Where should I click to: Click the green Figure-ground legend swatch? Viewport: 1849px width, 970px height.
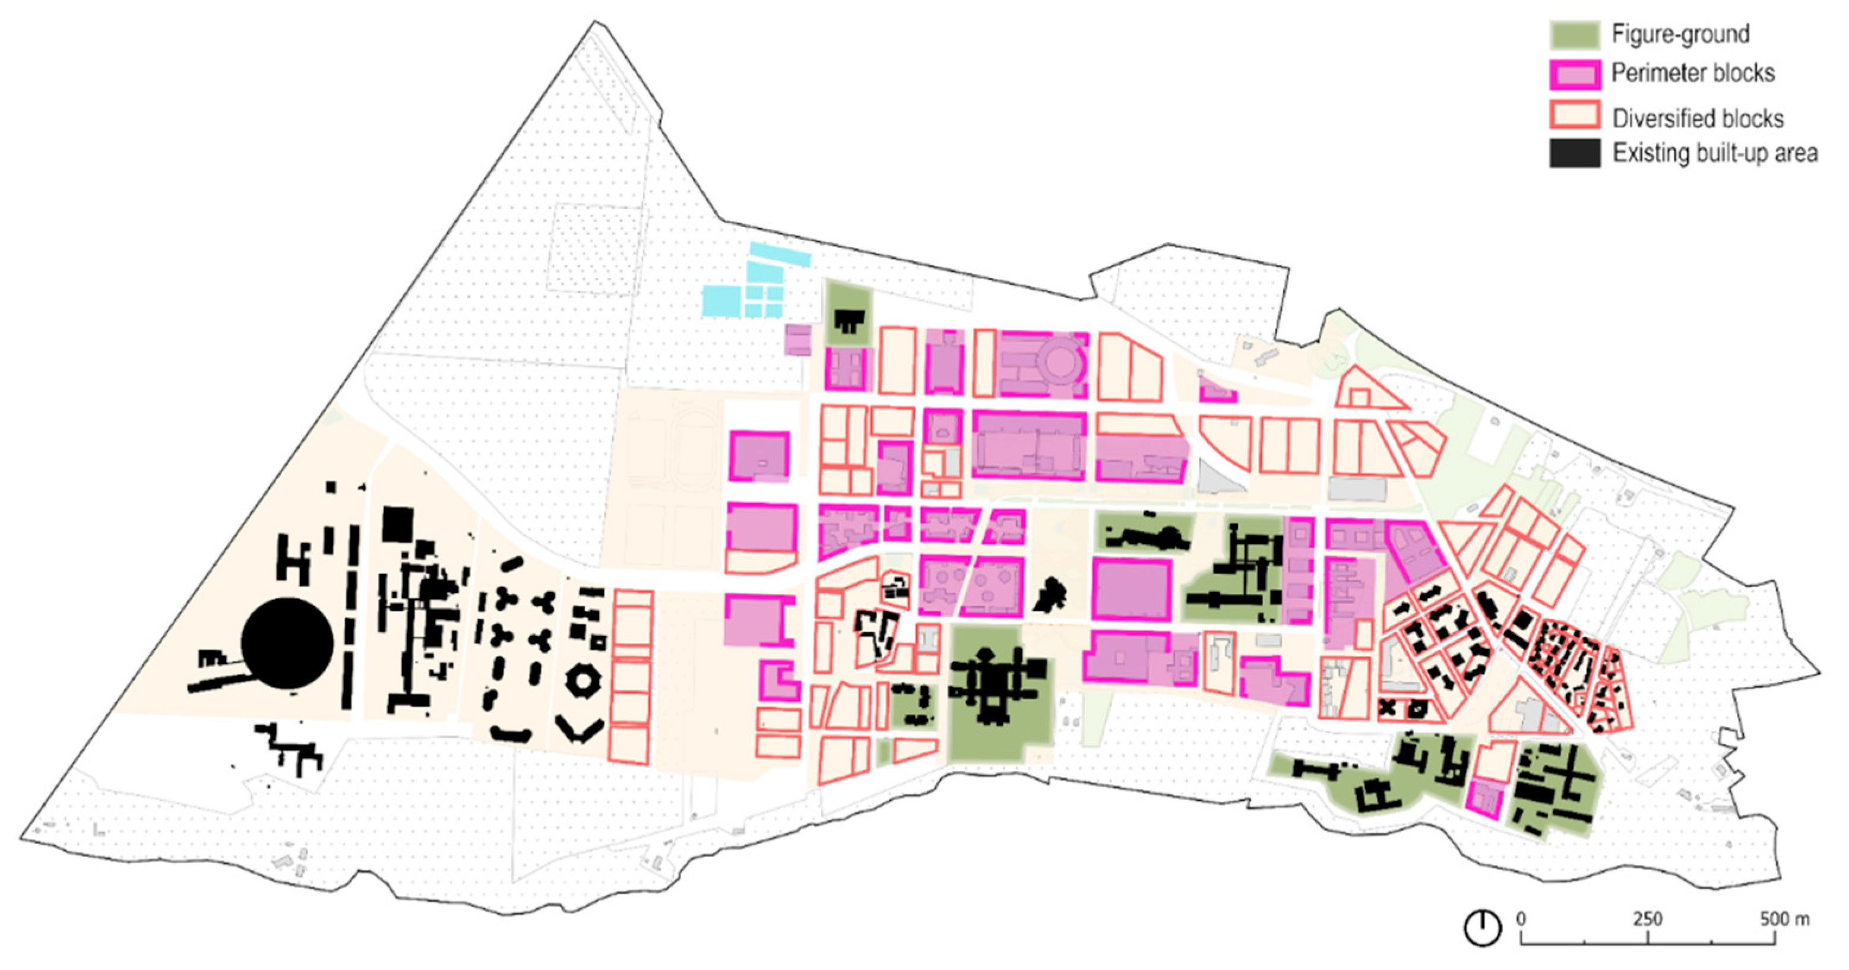point(1574,34)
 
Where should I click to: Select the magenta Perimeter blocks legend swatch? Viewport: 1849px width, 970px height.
point(1574,74)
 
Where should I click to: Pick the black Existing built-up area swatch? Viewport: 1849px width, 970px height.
point(1574,154)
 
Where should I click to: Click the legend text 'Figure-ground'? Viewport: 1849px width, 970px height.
point(1680,34)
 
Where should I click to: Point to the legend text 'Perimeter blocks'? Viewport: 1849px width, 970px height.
point(1692,73)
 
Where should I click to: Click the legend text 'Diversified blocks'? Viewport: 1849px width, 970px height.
point(1697,118)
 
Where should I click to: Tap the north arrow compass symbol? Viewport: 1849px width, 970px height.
point(1481,928)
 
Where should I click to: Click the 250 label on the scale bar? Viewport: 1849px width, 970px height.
point(1647,919)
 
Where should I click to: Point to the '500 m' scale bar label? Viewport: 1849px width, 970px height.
point(1784,919)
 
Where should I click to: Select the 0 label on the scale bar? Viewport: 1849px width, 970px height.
point(1521,919)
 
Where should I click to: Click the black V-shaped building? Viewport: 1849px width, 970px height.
point(580,730)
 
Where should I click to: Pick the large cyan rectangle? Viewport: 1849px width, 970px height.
point(722,300)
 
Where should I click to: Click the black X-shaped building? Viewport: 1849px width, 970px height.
point(1387,708)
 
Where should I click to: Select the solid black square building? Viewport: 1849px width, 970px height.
point(397,524)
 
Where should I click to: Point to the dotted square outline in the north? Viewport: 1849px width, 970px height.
point(595,248)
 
